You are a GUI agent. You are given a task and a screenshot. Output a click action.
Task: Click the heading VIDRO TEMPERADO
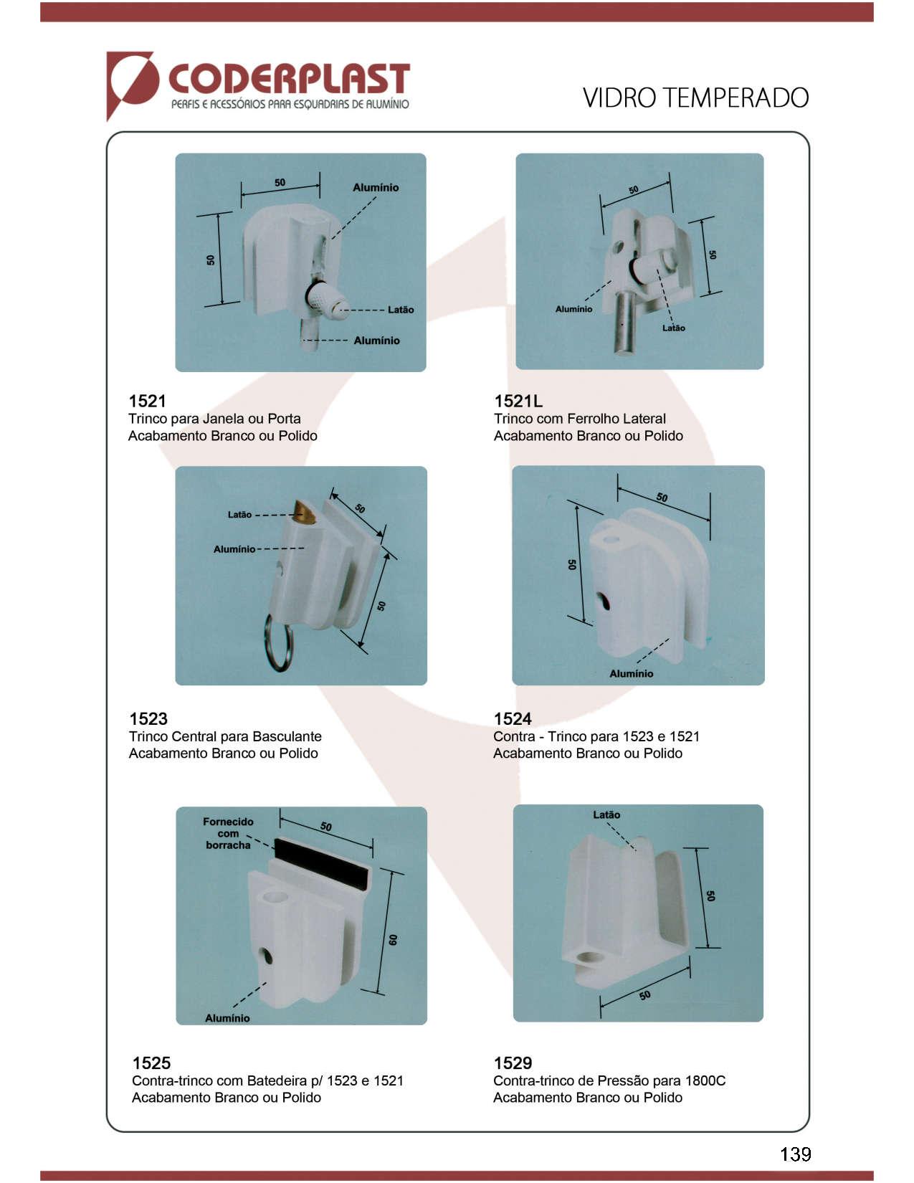[x=695, y=98]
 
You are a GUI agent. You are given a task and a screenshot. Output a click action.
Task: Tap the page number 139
[x=795, y=1154]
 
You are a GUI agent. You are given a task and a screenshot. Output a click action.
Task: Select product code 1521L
[x=518, y=402]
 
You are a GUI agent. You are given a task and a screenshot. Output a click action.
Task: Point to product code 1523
[x=148, y=718]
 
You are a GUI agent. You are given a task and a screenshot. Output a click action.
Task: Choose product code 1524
[x=513, y=718]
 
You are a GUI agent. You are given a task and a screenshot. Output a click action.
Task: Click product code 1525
[x=151, y=1063]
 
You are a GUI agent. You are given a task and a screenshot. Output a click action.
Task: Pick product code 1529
[x=513, y=1063]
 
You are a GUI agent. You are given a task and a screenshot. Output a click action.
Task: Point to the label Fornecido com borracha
[x=228, y=834]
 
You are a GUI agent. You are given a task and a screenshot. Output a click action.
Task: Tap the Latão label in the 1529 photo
[x=606, y=815]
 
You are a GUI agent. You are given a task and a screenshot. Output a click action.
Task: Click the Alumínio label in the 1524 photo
[x=631, y=673]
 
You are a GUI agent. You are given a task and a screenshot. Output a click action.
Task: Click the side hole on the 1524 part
[x=604, y=601]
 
